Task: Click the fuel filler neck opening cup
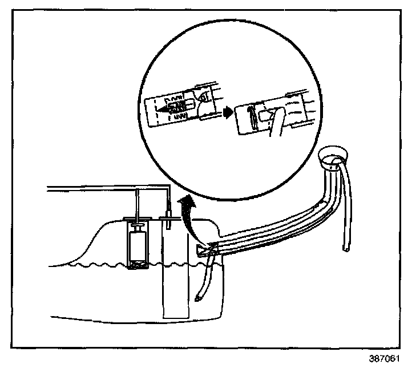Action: tap(334, 157)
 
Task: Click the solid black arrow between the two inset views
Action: tap(227, 112)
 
